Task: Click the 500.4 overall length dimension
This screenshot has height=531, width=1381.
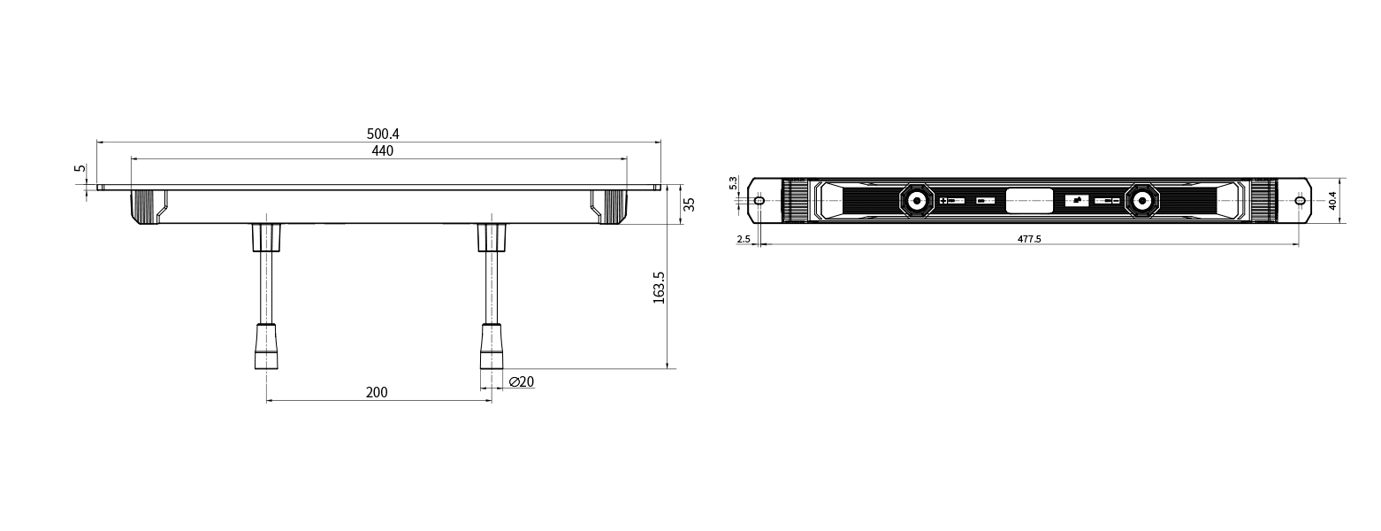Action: click(x=383, y=134)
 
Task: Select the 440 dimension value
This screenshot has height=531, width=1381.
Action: click(x=382, y=151)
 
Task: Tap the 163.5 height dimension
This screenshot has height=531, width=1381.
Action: click(x=659, y=287)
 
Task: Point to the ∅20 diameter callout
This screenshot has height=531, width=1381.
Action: click(x=522, y=382)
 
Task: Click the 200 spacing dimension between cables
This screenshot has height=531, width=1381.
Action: click(x=377, y=393)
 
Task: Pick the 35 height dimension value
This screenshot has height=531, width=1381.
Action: click(x=690, y=204)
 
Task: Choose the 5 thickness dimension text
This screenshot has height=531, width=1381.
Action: click(x=80, y=168)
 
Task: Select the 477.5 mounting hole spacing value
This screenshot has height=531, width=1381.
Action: click(x=1029, y=240)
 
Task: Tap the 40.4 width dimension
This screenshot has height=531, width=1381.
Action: click(x=1332, y=201)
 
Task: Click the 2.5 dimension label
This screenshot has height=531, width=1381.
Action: click(x=744, y=240)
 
